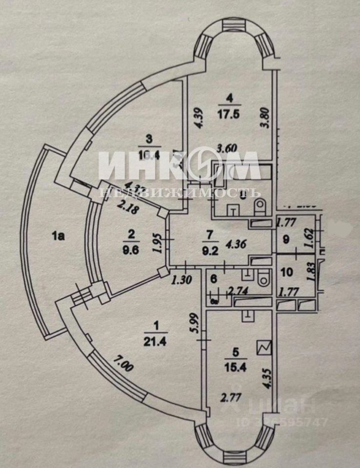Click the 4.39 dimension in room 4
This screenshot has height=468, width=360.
pos(195,118)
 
